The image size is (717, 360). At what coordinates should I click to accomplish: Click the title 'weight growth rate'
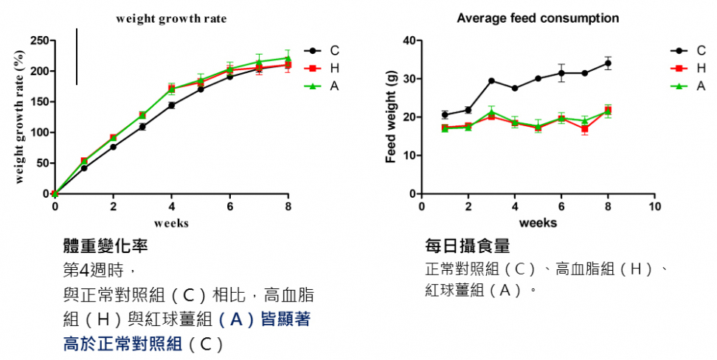click(x=171, y=18)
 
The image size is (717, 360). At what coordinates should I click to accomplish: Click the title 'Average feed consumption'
click(x=538, y=18)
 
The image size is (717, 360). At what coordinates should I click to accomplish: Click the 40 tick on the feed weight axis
click(x=409, y=41)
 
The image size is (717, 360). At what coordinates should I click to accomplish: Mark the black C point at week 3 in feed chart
click(x=491, y=81)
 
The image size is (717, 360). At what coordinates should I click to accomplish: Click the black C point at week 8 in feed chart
click(x=608, y=63)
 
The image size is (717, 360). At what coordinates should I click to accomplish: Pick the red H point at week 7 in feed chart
click(x=584, y=129)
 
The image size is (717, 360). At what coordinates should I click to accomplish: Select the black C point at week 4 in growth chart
click(x=171, y=105)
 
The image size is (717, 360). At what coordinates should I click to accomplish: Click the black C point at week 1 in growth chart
click(x=84, y=168)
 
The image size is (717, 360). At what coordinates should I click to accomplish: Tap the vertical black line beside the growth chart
click(x=77, y=57)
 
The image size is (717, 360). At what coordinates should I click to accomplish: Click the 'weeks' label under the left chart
click(x=171, y=222)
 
